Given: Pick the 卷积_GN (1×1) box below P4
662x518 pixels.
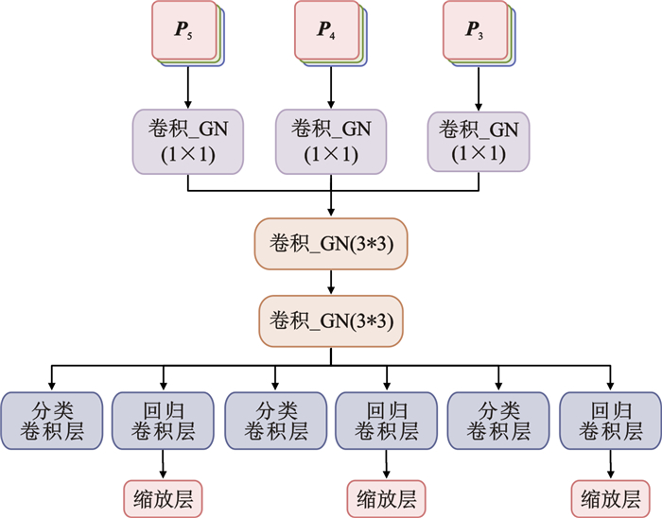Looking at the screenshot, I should click(331, 140).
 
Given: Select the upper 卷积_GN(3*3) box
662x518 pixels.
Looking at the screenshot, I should click(331, 245).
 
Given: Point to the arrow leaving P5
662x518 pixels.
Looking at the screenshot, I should click(187, 87).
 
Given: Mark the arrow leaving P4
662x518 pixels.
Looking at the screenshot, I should click(331, 87).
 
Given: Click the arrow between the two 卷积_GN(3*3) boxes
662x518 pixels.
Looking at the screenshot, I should click(331, 282).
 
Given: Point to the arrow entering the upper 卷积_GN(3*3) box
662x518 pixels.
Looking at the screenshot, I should click(331, 206).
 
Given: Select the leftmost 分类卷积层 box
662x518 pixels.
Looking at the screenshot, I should click(51, 421).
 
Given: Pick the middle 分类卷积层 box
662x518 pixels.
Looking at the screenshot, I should click(274, 421).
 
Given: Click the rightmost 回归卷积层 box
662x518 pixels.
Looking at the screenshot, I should click(611, 421).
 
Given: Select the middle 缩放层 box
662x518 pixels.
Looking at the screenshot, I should click(388, 495).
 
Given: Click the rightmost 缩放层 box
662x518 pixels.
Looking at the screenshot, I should click(611, 495).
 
